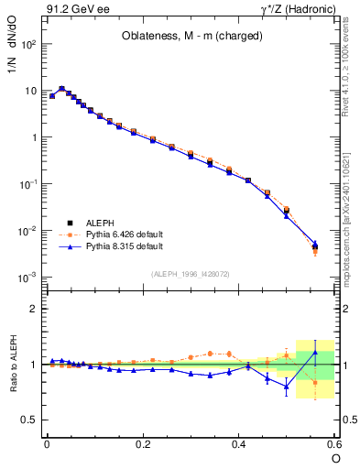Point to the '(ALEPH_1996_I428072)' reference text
pyautogui.click(x=191, y=274)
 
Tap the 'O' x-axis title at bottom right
pyautogui.click(x=335, y=458)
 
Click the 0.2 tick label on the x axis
pyautogui.click(x=143, y=443)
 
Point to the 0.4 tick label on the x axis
pyautogui.click(x=239, y=443)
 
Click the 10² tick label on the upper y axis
pyautogui.click(x=28, y=44)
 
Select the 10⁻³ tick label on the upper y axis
pyautogui.click(x=28, y=277)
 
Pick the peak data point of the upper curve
pyautogui.click(x=61, y=89)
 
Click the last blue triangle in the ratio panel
pyautogui.click(x=315, y=353)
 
